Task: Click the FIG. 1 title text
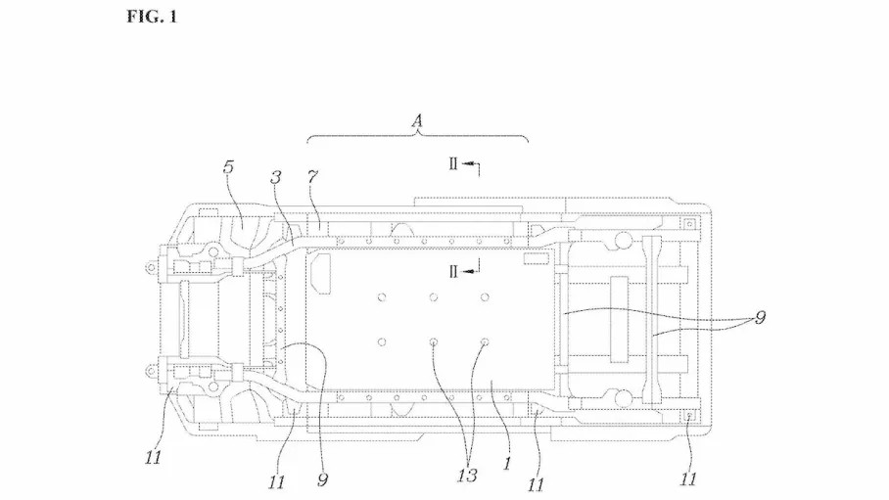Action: (152, 17)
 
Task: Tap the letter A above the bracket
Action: (417, 120)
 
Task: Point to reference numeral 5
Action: (228, 167)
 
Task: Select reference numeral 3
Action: (275, 177)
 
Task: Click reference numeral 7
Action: (312, 177)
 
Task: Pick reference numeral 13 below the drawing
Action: (467, 476)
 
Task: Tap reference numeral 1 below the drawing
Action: (507, 463)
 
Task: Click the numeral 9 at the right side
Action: (761, 317)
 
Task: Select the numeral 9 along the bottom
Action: (322, 480)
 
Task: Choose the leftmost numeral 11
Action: (153, 457)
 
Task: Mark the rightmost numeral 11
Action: (687, 479)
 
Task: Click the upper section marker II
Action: (453, 163)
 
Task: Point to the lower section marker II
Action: (453, 272)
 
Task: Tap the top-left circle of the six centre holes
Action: (382, 297)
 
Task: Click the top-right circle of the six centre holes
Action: (485, 297)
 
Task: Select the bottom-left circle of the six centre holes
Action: (382, 341)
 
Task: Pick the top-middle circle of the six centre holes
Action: (433, 297)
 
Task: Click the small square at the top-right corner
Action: (689, 224)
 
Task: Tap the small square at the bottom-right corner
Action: (689, 417)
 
